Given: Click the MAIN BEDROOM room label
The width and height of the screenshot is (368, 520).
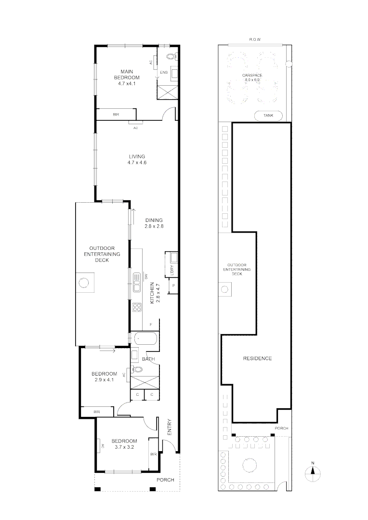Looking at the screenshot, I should pyautogui.click(x=127, y=75).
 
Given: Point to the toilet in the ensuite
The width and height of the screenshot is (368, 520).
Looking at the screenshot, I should pyautogui.click(x=171, y=56).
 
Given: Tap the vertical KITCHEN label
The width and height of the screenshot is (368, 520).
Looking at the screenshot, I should pyautogui.click(x=151, y=293).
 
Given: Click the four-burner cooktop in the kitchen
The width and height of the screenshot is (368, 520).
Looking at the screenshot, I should pyautogui.click(x=136, y=306).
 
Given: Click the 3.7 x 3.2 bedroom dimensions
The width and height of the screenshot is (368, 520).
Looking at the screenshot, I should pyautogui.click(x=124, y=447).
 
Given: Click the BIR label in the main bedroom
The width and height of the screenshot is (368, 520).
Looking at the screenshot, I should pyautogui.click(x=116, y=115).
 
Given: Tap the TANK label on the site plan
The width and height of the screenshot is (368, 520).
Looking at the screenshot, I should pyautogui.click(x=268, y=116).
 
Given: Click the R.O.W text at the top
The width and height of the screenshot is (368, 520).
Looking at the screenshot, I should pyautogui.click(x=254, y=39).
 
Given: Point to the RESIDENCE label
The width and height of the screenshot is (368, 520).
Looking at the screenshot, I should pyautogui.click(x=257, y=358).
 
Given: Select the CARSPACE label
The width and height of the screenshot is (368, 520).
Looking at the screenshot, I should pyautogui.click(x=252, y=76).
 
